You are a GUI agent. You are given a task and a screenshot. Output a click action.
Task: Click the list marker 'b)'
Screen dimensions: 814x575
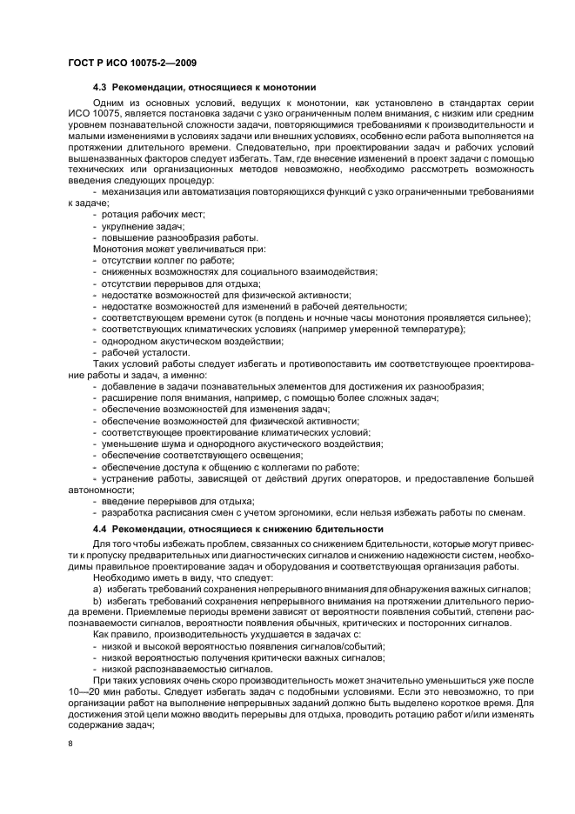pyautogui.click(x=97, y=602)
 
